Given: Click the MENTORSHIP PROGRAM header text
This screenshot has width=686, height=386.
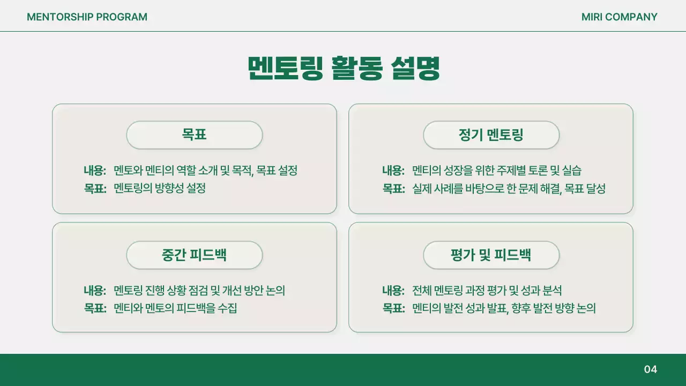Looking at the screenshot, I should [x=87, y=17].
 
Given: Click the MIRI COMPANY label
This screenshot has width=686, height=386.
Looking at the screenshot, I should [x=619, y=17].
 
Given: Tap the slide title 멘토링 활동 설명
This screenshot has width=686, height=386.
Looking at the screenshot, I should [x=344, y=68].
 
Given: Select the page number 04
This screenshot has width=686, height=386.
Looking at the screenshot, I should [x=650, y=369].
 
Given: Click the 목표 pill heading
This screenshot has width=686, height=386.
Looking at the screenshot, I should [x=194, y=135].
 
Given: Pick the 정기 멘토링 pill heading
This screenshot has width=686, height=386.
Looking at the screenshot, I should [x=491, y=135].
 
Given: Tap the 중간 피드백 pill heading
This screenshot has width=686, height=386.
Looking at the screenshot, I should [x=194, y=255].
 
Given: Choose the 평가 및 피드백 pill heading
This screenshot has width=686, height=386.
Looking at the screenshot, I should [x=491, y=255].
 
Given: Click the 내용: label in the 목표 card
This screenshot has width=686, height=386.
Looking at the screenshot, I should [x=95, y=171].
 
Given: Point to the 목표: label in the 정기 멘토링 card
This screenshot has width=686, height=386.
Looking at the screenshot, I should [x=393, y=189].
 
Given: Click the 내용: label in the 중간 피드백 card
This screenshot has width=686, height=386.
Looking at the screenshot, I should [x=95, y=291].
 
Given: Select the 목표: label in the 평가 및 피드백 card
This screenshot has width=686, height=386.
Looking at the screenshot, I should [x=393, y=309].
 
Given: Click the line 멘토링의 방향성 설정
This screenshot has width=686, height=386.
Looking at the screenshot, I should [x=160, y=189].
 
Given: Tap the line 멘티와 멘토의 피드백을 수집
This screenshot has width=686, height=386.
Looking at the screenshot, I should [x=175, y=309].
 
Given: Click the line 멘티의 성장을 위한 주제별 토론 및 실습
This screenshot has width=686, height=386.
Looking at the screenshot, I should [x=496, y=171].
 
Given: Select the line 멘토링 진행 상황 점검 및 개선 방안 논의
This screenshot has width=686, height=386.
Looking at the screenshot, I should [x=199, y=291].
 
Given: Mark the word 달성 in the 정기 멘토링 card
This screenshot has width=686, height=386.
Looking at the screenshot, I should [x=596, y=189].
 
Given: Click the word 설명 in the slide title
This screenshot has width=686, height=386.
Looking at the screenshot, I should [x=416, y=68].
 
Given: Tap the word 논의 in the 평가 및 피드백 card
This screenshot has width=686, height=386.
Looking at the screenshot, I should [x=586, y=309].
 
